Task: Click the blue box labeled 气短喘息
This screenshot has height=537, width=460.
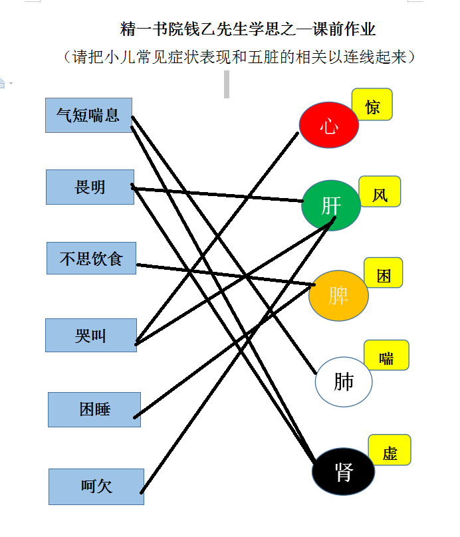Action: click(x=88, y=116)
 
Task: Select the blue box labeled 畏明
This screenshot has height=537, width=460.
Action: click(x=90, y=187)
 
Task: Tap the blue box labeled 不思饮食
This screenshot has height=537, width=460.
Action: click(x=92, y=259)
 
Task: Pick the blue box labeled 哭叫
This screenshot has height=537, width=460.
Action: click(x=91, y=335)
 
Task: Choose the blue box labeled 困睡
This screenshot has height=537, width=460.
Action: click(x=94, y=409)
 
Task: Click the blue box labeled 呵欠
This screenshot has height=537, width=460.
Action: click(x=96, y=486)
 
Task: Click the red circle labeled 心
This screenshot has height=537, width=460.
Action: click(x=329, y=125)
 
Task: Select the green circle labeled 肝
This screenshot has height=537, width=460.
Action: click(x=331, y=205)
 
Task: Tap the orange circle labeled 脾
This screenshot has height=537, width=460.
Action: click(x=338, y=296)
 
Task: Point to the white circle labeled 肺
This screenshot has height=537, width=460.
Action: click(x=344, y=382)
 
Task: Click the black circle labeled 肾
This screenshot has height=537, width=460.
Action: click(x=343, y=471)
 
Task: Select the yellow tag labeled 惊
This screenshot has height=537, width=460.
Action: click(x=372, y=104)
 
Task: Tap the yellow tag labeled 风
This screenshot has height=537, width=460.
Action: click(x=380, y=191)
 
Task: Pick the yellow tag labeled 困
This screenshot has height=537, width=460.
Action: click(x=384, y=272)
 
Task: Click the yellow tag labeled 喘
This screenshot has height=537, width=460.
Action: click(x=387, y=355)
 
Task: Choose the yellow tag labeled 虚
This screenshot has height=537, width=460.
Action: click(x=390, y=450)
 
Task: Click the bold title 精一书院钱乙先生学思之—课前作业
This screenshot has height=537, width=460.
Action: click(x=248, y=29)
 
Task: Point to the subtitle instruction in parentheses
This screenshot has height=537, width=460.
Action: click(x=239, y=57)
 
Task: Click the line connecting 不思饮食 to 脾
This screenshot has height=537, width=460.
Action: click(x=226, y=274)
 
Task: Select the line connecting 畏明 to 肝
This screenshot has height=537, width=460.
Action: click(x=217, y=194)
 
